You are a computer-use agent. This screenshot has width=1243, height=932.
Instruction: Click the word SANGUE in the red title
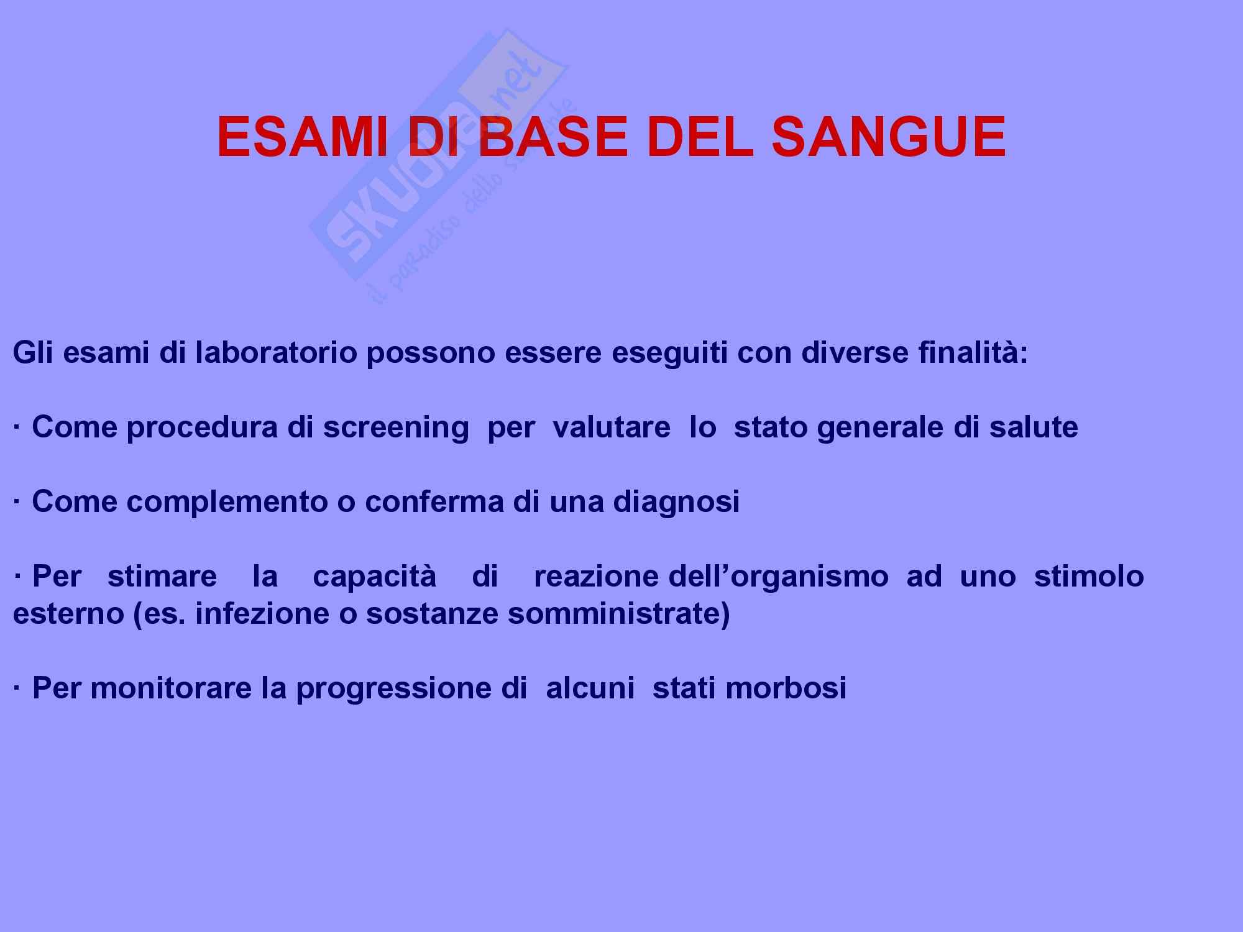[x=889, y=137]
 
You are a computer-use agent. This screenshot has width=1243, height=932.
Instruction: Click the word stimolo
[x=1089, y=577]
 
